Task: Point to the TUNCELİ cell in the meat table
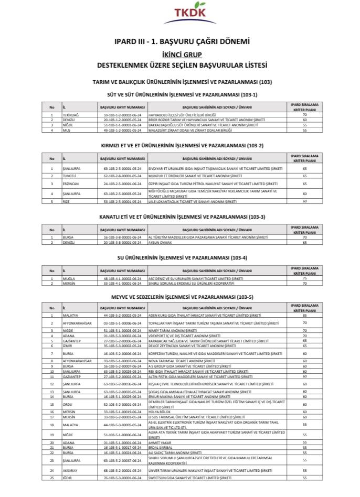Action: [70, 176]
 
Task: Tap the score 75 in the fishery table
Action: [304, 278]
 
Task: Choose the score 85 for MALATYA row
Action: [304, 315]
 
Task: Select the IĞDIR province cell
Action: [67, 479]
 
